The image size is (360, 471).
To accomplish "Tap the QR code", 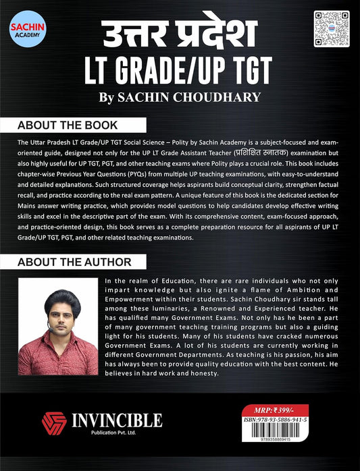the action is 330,28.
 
